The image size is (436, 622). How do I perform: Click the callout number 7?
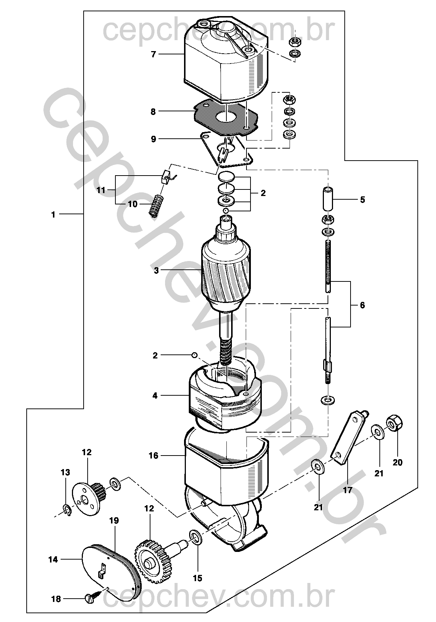[154, 54]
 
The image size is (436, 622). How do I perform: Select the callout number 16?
[154, 456]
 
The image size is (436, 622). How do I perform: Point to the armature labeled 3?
[226, 278]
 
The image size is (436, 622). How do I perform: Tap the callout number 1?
[53, 214]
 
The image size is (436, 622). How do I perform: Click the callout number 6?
[362, 305]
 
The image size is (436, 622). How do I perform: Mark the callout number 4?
[155, 395]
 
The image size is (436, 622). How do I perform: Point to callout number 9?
[154, 139]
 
